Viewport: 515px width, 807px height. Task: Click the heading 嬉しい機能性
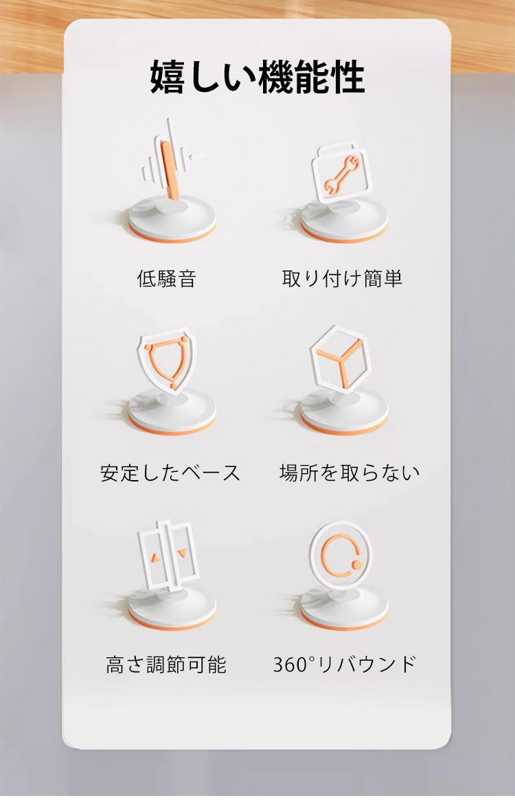(257, 78)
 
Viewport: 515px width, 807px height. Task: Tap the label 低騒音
(167, 278)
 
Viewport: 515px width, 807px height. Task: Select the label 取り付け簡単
(342, 278)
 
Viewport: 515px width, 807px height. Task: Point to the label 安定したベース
(170, 473)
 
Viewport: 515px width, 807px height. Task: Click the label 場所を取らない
(350, 473)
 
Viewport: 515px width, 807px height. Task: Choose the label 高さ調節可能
(166, 664)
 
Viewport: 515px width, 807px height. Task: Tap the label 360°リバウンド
(344, 664)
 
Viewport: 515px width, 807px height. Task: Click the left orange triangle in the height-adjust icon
(153, 558)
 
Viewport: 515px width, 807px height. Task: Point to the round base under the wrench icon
(343, 221)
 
